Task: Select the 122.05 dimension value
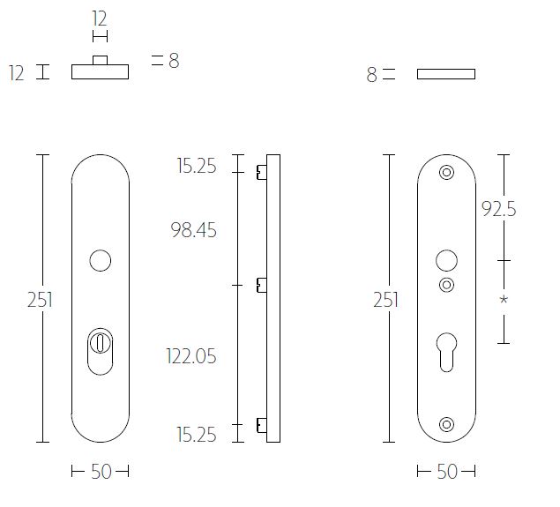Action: point(191,356)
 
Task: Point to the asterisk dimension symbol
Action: point(504,301)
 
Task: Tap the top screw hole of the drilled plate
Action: point(446,173)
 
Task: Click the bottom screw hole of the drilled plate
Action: point(446,424)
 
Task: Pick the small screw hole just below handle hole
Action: point(446,285)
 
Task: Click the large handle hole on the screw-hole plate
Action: point(446,261)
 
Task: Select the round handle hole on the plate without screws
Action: point(101,261)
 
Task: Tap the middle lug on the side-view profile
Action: point(261,285)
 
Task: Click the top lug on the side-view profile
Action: point(261,174)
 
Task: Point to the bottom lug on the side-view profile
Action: point(261,427)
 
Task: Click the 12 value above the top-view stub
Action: point(100,17)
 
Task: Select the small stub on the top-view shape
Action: point(101,60)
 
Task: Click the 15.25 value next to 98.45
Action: point(196,166)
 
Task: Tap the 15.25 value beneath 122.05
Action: point(196,434)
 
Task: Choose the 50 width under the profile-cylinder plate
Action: point(446,472)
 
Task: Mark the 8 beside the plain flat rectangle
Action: point(371,75)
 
